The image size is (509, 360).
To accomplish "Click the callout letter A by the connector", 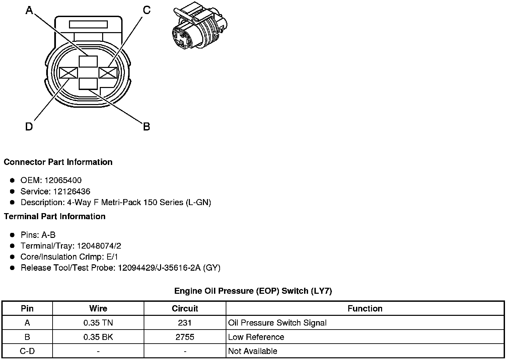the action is (29, 11).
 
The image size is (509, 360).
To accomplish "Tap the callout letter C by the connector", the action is (146, 10).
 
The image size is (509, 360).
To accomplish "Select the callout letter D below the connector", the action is (29, 127).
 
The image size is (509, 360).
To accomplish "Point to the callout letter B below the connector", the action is (146, 127).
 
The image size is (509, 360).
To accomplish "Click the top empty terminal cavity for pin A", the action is (88, 62).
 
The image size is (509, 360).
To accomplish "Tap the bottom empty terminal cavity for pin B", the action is (88, 84).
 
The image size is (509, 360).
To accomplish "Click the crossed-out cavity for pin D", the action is (68, 73).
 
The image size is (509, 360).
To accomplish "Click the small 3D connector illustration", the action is (199, 28).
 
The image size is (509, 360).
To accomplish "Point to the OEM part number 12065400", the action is (63, 180).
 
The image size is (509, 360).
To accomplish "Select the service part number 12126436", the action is (71, 191).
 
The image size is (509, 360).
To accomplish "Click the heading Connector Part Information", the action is (58, 162).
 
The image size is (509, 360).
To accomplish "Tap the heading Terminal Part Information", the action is (55, 216).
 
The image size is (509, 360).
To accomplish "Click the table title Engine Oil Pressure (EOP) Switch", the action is (253, 291).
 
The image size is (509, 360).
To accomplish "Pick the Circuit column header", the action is (185, 308).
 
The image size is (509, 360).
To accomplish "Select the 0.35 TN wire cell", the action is (98, 323).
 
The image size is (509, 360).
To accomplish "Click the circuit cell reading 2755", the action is (185, 337).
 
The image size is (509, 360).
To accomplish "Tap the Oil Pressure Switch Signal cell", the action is (277, 323).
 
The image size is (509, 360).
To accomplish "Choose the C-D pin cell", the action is (27, 351).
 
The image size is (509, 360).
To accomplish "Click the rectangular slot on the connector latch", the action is (88, 24).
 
